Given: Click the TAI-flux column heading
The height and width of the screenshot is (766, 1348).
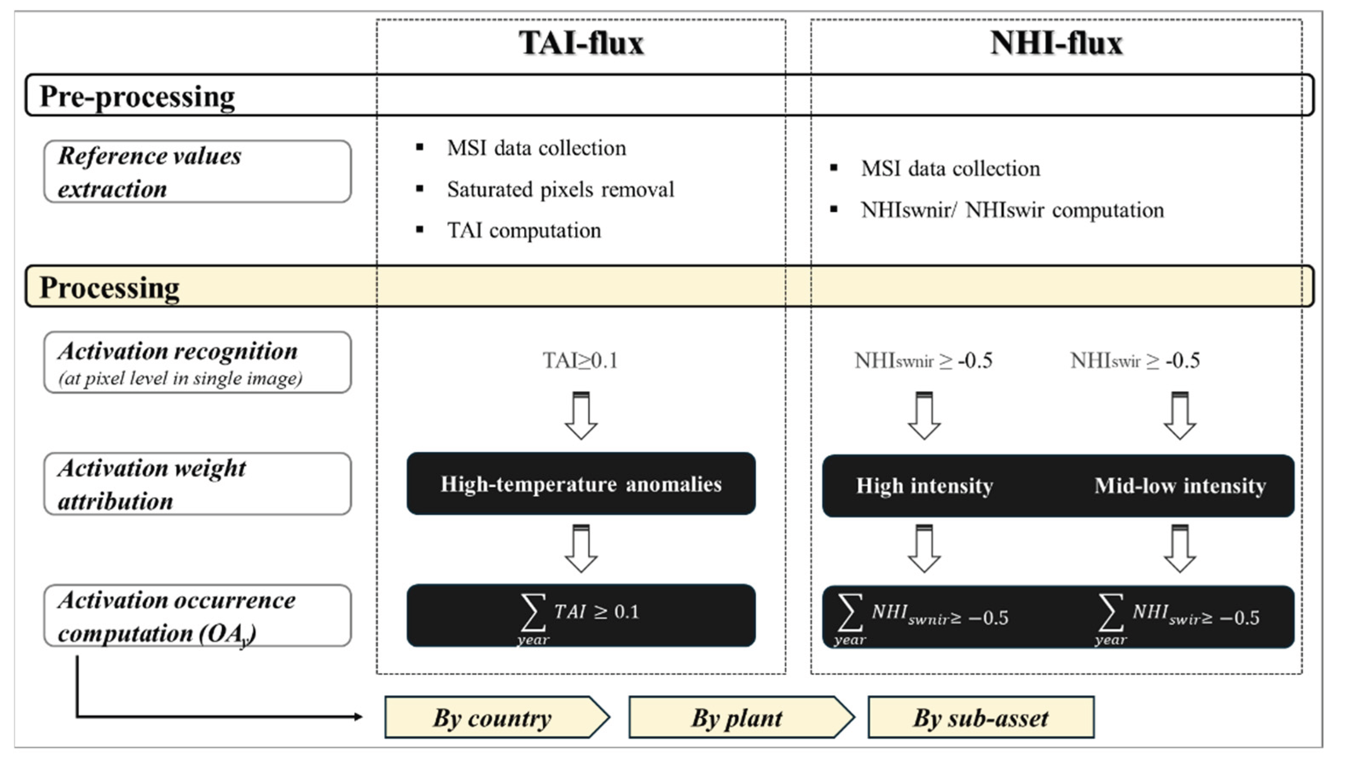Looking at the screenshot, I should [x=581, y=43].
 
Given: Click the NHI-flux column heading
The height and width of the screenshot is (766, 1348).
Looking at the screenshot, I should [x=1056, y=43].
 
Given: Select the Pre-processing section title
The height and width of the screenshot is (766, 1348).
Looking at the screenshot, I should [x=137, y=96].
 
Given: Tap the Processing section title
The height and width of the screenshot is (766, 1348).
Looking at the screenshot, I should [x=110, y=287].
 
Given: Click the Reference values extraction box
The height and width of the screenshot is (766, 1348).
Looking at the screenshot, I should [x=197, y=171].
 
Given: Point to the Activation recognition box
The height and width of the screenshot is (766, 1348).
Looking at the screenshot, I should [x=197, y=362].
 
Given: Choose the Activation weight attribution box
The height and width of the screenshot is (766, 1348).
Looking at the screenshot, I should [x=197, y=484].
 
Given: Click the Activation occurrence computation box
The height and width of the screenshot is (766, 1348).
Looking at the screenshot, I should [x=197, y=616].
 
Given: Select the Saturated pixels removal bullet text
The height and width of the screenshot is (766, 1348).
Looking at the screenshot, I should [x=560, y=189].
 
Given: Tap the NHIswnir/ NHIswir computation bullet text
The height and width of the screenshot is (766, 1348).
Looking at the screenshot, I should [x=1012, y=210].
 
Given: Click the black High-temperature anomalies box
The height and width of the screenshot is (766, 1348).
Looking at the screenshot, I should [x=581, y=483].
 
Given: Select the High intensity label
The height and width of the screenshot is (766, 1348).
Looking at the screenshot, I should [x=925, y=486].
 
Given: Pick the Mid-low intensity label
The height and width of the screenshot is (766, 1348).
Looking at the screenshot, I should [x=1180, y=486].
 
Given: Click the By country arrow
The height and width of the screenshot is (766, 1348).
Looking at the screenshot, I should [x=495, y=717].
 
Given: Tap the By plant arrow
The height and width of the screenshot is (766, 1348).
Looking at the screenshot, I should [x=738, y=717].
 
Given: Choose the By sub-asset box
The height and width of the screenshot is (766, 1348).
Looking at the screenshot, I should [x=981, y=717].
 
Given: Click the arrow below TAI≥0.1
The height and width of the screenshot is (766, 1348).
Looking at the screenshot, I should [x=581, y=416].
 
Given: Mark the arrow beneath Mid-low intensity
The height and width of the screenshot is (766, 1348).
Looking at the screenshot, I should [x=1180, y=548].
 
